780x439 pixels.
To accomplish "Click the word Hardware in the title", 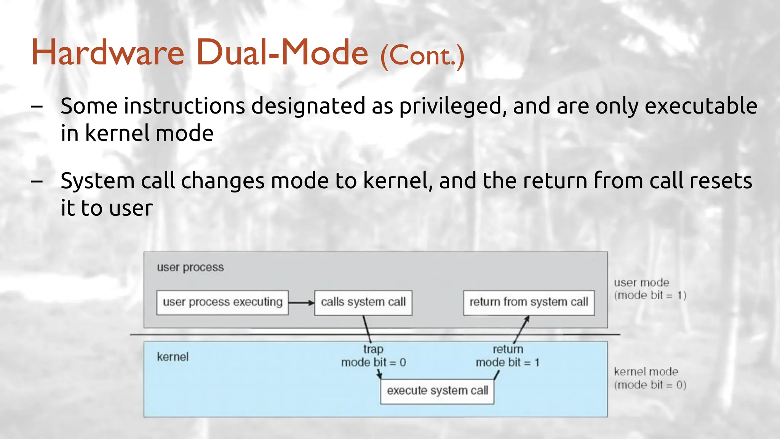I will [x=108, y=52].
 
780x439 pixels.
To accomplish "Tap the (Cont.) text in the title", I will [x=422, y=56].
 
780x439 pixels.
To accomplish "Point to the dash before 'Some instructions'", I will [x=37, y=107].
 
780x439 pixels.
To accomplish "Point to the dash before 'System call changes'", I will [x=37, y=181].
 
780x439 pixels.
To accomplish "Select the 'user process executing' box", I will [x=222, y=303].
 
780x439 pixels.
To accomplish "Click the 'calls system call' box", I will [x=363, y=303].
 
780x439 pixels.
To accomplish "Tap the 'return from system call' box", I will [x=529, y=303].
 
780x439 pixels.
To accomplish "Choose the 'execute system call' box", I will [x=437, y=391].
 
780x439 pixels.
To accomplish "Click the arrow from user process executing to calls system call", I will [x=301, y=303].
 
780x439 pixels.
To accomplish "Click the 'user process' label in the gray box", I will [x=190, y=268].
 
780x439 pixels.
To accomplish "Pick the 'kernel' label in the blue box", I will [x=173, y=357].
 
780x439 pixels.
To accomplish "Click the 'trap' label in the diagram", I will [x=373, y=349].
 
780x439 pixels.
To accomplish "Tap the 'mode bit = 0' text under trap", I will [x=373, y=362].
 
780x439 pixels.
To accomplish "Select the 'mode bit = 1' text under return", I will [x=507, y=362].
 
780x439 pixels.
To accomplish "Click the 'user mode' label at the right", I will [x=641, y=283].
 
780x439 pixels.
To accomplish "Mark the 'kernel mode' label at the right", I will [x=646, y=372].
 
